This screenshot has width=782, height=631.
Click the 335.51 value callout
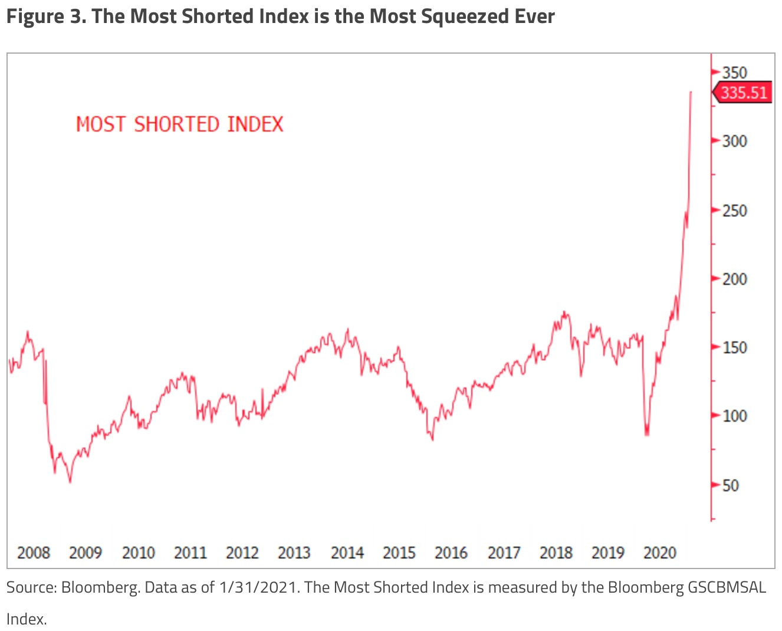tap(743, 93)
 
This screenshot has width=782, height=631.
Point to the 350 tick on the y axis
tap(734, 73)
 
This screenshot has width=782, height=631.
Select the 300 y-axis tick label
tap(734, 141)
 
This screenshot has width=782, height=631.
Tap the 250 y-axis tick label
tap(734, 211)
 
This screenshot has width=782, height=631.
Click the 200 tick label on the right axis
tap(734, 279)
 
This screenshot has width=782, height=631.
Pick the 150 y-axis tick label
tap(734, 347)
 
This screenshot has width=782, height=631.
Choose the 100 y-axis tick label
tap(734, 416)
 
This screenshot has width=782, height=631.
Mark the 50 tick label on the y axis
tap(730, 485)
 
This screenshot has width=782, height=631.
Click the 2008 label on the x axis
tap(34, 553)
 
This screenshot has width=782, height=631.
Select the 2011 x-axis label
tap(190, 553)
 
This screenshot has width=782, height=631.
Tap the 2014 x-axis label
tap(347, 553)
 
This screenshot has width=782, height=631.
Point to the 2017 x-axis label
tap(504, 553)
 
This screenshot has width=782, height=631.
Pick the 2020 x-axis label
tap(659, 553)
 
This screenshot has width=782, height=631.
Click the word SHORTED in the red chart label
tap(176, 124)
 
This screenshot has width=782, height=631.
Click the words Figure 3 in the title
tap(44, 17)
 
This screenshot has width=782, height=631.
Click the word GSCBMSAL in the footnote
tap(727, 587)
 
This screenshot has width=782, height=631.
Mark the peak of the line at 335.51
tap(691, 92)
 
